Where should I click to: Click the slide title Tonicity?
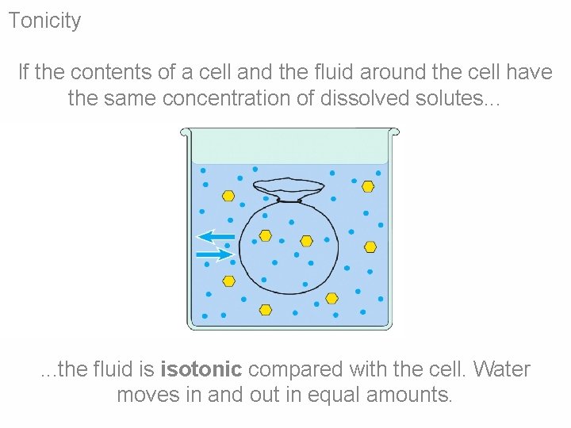[x=44, y=21]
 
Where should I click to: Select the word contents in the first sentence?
[x=125, y=73]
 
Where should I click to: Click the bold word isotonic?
[x=201, y=369]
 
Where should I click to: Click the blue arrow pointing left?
[x=216, y=236]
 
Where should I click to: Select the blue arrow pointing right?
[x=214, y=254]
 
